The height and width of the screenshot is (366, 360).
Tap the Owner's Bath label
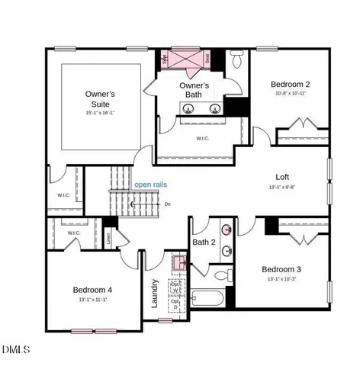pyautogui.click(x=194, y=91)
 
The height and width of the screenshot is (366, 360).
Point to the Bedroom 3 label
pyautogui.click(x=281, y=269)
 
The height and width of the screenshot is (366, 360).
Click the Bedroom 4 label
pyautogui.click(x=92, y=289)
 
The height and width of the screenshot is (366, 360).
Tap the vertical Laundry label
pyautogui.click(x=155, y=293)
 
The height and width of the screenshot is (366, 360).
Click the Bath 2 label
pyautogui.click(x=204, y=242)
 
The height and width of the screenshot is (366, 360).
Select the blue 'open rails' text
pyautogui.click(x=150, y=185)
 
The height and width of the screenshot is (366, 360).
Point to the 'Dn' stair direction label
pyautogui.click(x=167, y=204)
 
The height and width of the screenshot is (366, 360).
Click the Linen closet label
pyautogui.click(x=110, y=237)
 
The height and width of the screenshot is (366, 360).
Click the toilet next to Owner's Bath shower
pyautogui.click(x=237, y=59)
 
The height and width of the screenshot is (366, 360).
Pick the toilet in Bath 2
pyautogui.click(x=222, y=276)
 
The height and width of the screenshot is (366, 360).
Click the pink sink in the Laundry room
pyautogui.click(x=178, y=263)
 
